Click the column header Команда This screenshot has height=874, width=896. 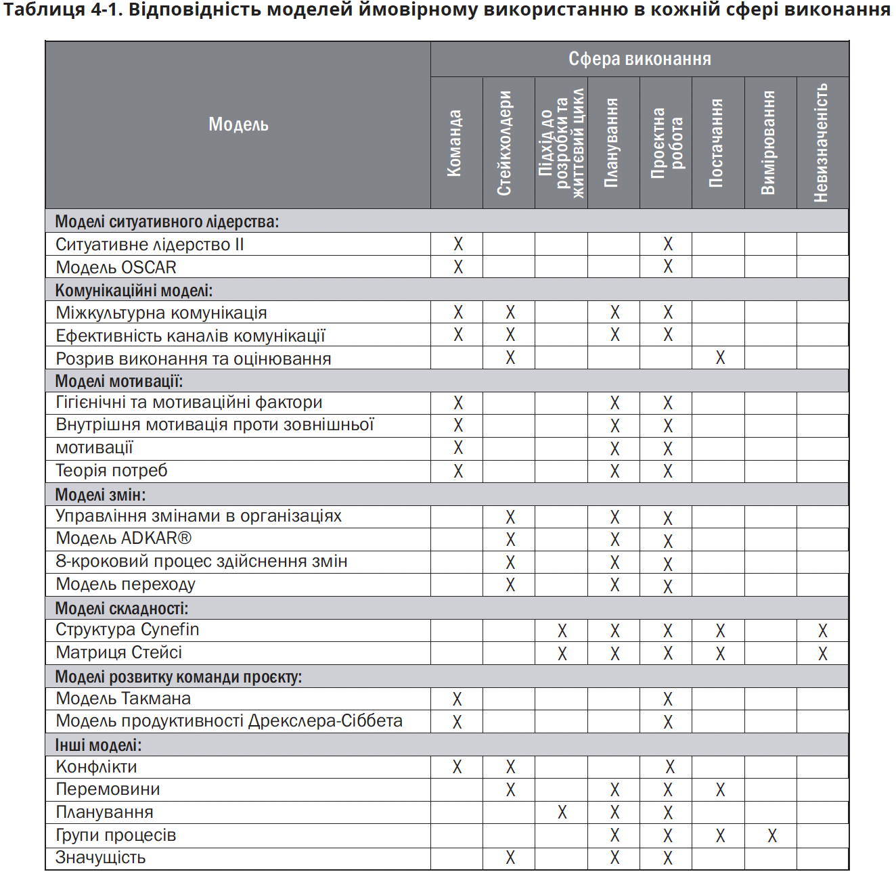pyautogui.click(x=455, y=143)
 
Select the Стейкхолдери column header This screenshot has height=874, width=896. pyautogui.click(x=505, y=143)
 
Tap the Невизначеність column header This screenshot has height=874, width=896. pyautogui.click(x=822, y=143)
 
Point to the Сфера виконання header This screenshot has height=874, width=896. pyautogui.click(x=640, y=59)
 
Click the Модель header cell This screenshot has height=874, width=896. pyautogui.click(x=238, y=124)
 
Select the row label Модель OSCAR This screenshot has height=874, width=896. pyautogui.click(x=116, y=267)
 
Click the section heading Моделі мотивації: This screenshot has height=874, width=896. pyautogui.click(x=119, y=381)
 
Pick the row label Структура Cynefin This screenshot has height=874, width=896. pyautogui.click(x=127, y=630)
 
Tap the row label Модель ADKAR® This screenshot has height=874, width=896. pyautogui.click(x=124, y=538)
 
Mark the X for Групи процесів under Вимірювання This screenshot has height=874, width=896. pyautogui.click(x=772, y=835)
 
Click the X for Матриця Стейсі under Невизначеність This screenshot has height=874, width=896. pyautogui.click(x=823, y=653)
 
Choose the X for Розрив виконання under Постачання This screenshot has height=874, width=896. pyautogui.click(x=720, y=358)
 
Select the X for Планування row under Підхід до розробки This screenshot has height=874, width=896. pyautogui.click(x=562, y=812)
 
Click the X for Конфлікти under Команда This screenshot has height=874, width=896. pyautogui.click(x=457, y=767)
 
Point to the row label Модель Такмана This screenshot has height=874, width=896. pyautogui.click(x=123, y=699)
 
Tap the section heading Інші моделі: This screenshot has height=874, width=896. pyautogui.click(x=98, y=745)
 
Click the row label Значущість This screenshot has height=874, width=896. pyautogui.click(x=101, y=858)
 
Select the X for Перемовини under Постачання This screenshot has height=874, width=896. pyautogui.click(x=720, y=789)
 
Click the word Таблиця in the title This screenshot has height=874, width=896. pyautogui.click(x=43, y=9)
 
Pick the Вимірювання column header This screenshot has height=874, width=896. pyautogui.click(x=768, y=143)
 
